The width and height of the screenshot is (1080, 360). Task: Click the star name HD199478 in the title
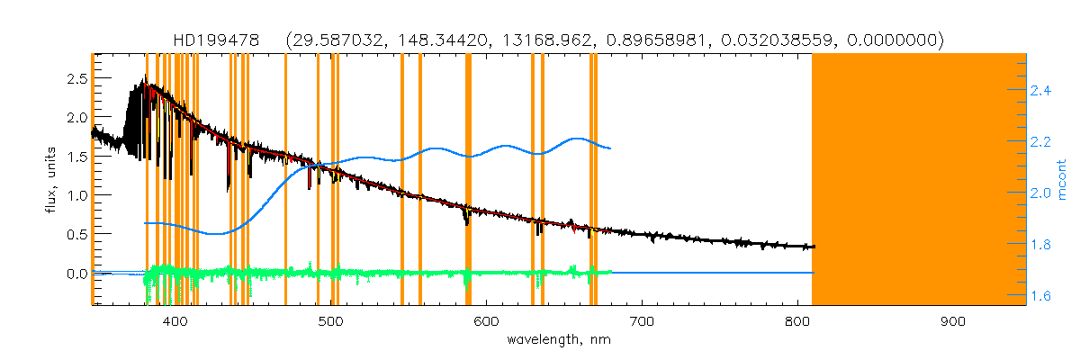(x=216, y=40)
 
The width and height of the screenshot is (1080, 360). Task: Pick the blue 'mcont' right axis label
(x=1062, y=179)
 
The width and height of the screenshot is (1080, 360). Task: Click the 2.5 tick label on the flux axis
(x=76, y=78)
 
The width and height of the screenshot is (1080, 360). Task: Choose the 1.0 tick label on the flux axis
(x=76, y=195)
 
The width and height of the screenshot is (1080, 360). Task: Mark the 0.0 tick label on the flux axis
(x=76, y=273)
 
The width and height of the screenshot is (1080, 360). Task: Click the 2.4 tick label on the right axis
(x=1041, y=91)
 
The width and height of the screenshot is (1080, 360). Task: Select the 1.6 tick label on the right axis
(x=1041, y=295)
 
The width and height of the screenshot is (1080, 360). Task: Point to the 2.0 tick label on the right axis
(x=1041, y=193)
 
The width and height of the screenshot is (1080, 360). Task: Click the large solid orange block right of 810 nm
(x=918, y=180)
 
